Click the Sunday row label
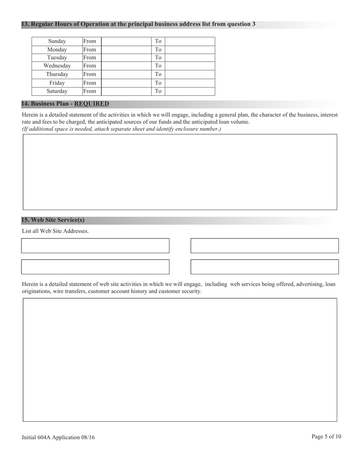[x=57, y=41]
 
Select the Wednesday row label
[x=57, y=66]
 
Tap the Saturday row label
[x=57, y=91]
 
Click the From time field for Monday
[x=127, y=50]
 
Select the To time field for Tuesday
[x=190, y=58]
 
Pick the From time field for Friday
[x=127, y=83]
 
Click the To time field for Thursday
[x=190, y=74]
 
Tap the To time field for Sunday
[x=190, y=41]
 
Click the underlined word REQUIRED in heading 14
[x=91, y=104]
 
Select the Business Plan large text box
[x=180, y=172]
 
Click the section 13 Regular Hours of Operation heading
[x=138, y=24]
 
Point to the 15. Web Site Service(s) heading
[x=53, y=220]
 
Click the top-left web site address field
[x=95, y=246]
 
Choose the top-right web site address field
[x=265, y=246]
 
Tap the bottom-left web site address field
[x=95, y=267]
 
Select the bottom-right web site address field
[x=265, y=267]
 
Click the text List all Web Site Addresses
[x=55, y=231]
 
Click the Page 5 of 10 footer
[x=326, y=436]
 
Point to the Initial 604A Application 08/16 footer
[x=58, y=437]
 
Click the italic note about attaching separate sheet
[x=121, y=129]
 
